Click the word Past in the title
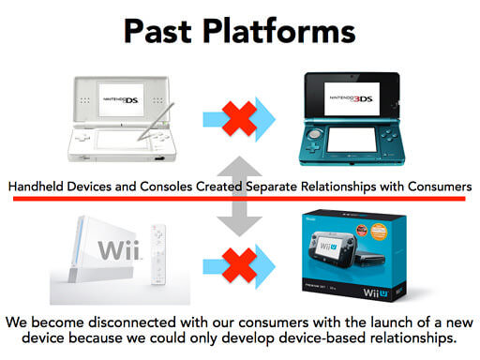click(157, 31)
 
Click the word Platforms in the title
click(279, 31)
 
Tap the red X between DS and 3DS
click(240, 119)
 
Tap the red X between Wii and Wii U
click(240, 266)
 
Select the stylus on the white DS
click(156, 122)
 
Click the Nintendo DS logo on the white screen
click(121, 99)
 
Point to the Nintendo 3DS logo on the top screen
click(352, 98)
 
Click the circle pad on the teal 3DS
click(315, 134)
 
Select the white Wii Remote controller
click(158, 254)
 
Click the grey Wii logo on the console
click(119, 249)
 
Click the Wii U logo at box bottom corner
click(376, 292)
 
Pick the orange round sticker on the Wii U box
click(379, 232)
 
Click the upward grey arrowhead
click(240, 166)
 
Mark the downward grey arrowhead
click(240, 226)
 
